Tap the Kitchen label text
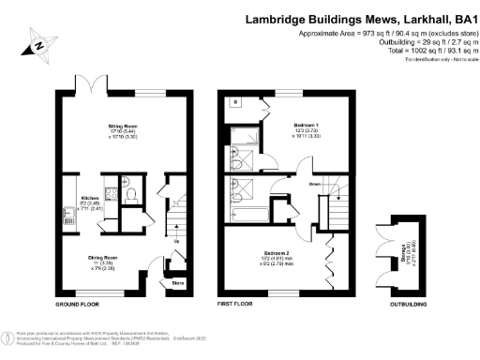[90, 198]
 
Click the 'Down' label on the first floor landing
[315, 185]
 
